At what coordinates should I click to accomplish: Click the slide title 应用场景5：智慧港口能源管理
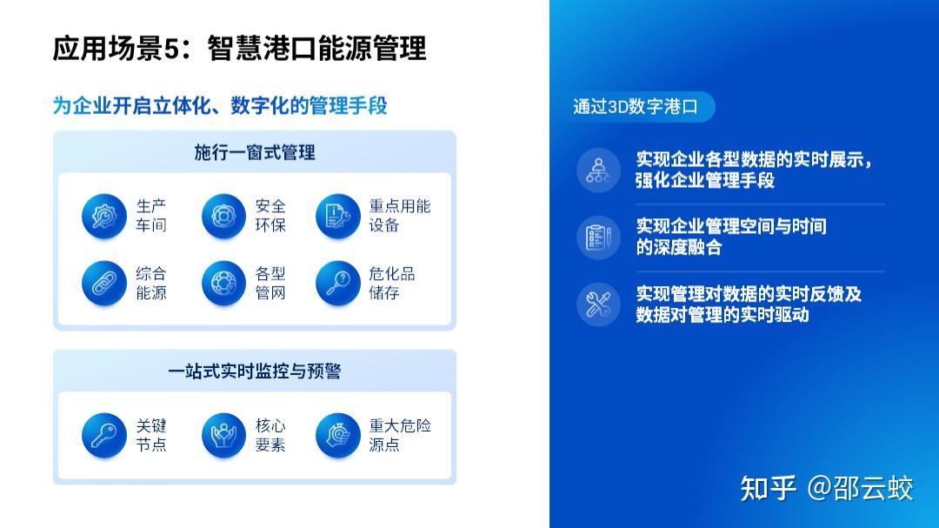pyautogui.click(x=240, y=48)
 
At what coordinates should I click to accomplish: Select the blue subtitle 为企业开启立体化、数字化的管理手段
pyautogui.click(x=220, y=105)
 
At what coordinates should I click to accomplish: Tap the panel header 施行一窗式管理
pyautogui.click(x=255, y=152)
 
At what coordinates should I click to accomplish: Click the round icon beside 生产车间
pyautogui.click(x=104, y=216)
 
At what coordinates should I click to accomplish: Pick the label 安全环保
pyautogui.click(x=270, y=216)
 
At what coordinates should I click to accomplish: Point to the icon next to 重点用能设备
pyautogui.click(x=337, y=216)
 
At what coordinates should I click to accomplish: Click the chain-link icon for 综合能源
pyautogui.click(x=104, y=283)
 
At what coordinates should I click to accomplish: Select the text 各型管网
pyautogui.click(x=270, y=283)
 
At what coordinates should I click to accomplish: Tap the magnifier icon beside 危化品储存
pyautogui.click(x=337, y=283)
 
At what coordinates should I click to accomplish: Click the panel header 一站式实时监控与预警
pyautogui.click(x=255, y=371)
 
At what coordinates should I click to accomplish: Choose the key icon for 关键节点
pyautogui.click(x=104, y=435)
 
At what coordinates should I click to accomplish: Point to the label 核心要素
pyautogui.click(x=270, y=435)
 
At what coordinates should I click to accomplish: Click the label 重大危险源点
pyautogui.click(x=399, y=435)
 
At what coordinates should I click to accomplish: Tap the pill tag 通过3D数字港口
pyautogui.click(x=636, y=107)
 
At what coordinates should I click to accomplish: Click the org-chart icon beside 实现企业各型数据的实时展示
pyautogui.click(x=598, y=170)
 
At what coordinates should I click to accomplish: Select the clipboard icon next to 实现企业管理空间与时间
pyautogui.click(x=598, y=237)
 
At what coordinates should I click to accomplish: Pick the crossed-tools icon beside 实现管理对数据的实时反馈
pyautogui.click(x=598, y=304)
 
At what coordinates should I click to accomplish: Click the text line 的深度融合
pyautogui.click(x=678, y=247)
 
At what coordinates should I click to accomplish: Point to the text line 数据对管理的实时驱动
pyautogui.click(x=723, y=315)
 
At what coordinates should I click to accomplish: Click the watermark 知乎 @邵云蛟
pyautogui.click(x=827, y=489)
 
